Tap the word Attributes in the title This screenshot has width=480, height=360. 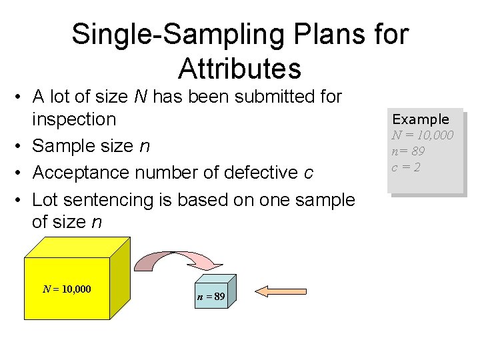[240, 68]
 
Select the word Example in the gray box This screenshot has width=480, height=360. [421, 119]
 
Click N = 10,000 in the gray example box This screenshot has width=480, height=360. [423, 135]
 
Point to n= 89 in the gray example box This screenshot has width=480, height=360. [408, 151]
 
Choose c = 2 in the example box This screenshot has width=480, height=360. [405, 167]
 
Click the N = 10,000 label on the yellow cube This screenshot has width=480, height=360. [67, 289]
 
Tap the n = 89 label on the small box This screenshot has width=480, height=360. [211, 297]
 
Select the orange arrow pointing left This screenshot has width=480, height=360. [280, 291]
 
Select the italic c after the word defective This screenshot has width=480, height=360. [308, 173]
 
